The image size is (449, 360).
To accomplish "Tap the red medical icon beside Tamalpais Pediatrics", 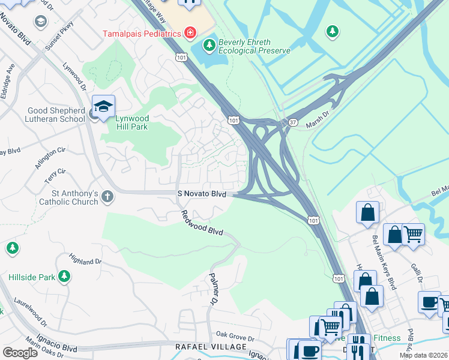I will [x=190, y=32].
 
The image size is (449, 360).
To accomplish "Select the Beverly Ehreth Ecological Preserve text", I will [x=253, y=47].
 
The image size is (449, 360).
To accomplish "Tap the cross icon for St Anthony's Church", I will [x=107, y=196].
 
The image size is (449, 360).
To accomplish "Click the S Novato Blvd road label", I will [x=202, y=194].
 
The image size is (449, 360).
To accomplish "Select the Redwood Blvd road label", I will [x=202, y=223].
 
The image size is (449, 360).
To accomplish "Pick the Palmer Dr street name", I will [x=213, y=287].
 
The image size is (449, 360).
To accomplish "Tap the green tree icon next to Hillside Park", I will [x=64, y=277].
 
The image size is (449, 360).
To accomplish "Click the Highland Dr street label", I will [x=85, y=261].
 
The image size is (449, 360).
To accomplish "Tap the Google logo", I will [x=20, y=353].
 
